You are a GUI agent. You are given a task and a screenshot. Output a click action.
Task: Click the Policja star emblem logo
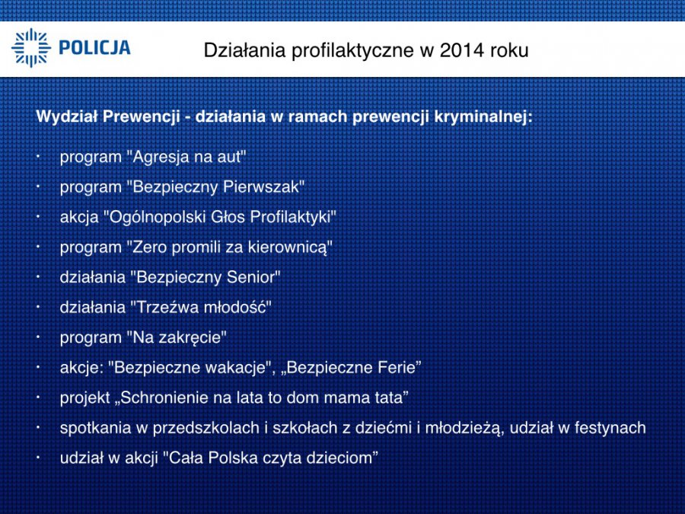(x=31, y=48)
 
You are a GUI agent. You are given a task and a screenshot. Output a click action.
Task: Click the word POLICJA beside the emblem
(x=94, y=48)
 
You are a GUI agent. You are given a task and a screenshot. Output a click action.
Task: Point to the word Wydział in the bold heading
(x=66, y=117)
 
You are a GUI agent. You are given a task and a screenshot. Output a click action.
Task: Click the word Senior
(x=250, y=277)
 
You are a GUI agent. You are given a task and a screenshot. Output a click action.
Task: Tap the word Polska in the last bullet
(x=233, y=458)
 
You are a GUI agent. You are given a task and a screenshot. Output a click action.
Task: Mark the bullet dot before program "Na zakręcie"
(x=39, y=337)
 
